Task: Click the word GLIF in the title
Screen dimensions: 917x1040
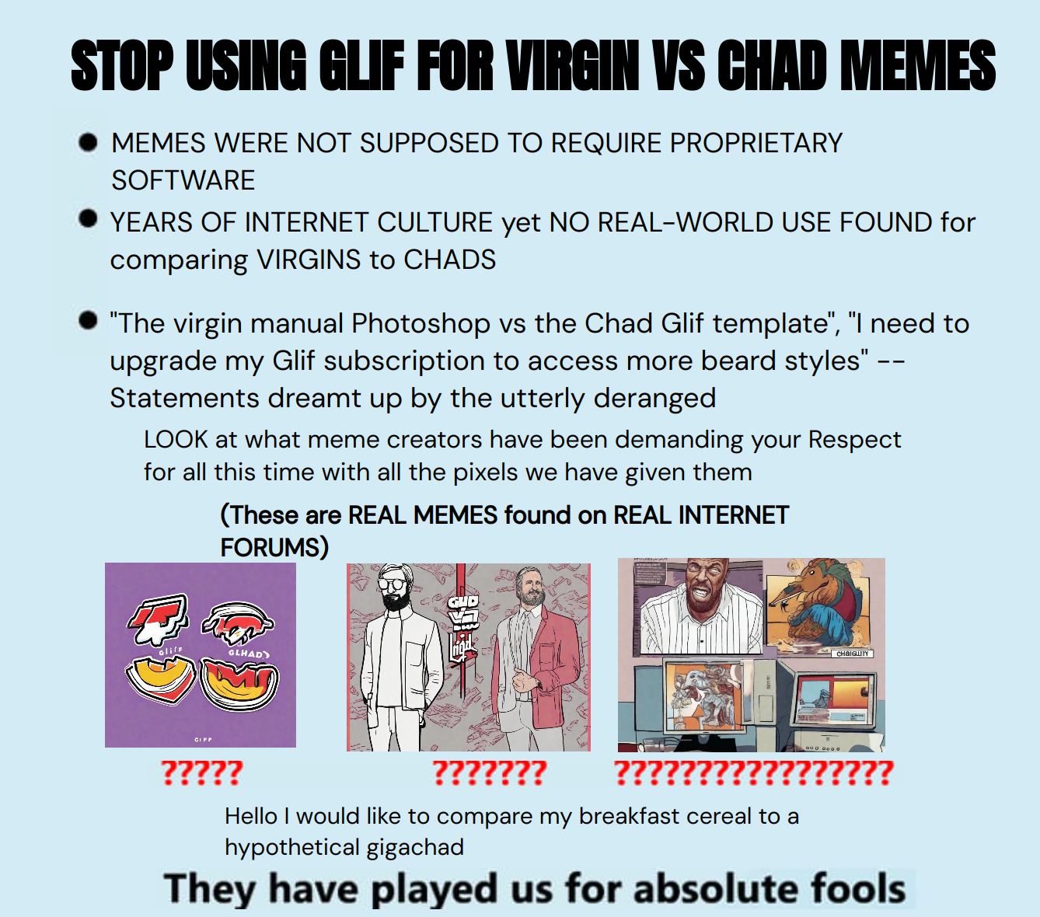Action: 362,65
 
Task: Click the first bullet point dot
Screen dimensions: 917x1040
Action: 89,142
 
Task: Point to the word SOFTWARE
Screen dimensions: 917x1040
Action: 183,180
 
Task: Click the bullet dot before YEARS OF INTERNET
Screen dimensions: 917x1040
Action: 89,218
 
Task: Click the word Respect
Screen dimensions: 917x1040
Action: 854,440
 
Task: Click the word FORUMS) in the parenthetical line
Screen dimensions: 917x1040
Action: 274,547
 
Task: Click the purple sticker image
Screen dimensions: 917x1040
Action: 201,654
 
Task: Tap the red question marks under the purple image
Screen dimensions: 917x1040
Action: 202,773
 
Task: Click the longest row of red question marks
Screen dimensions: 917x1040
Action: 753,773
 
